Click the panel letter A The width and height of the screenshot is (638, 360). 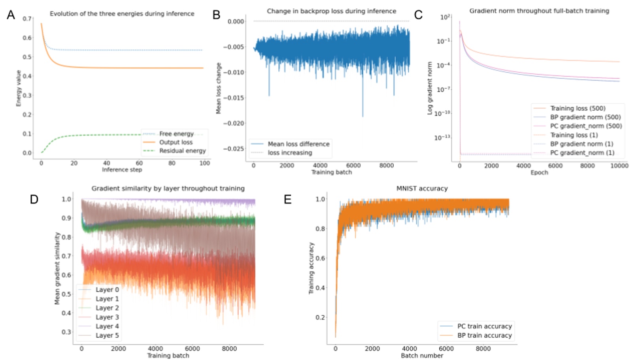click(x=11, y=15)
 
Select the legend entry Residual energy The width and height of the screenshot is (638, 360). click(x=182, y=151)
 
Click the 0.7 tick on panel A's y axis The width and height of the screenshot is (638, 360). click(x=27, y=19)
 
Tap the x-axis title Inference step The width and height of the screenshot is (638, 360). click(x=122, y=170)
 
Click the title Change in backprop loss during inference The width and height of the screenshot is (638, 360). click(x=331, y=11)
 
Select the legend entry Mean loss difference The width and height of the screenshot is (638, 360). click(x=298, y=144)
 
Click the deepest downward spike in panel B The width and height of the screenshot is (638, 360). click(x=362, y=116)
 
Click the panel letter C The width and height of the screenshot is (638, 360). click(x=418, y=15)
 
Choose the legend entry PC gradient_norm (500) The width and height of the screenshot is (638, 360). click(x=586, y=126)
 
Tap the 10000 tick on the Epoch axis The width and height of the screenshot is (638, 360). click(x=619, y=166)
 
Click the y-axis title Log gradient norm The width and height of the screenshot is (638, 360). click(x=430, y=88)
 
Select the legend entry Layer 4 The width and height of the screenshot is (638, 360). click(x=107, y=326)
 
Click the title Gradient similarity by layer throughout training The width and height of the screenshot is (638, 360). click(x=168, y=188)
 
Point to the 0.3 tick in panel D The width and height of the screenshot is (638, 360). click(x=66, y=332)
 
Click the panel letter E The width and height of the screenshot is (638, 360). click(x=288, y=199)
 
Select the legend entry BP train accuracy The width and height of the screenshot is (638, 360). click(x=484, y=335)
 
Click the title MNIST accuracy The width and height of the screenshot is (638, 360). click(x=422, y=188)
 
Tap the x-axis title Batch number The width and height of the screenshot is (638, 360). click(x=422, y=356)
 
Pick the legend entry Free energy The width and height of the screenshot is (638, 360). click(x=176, y=134)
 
